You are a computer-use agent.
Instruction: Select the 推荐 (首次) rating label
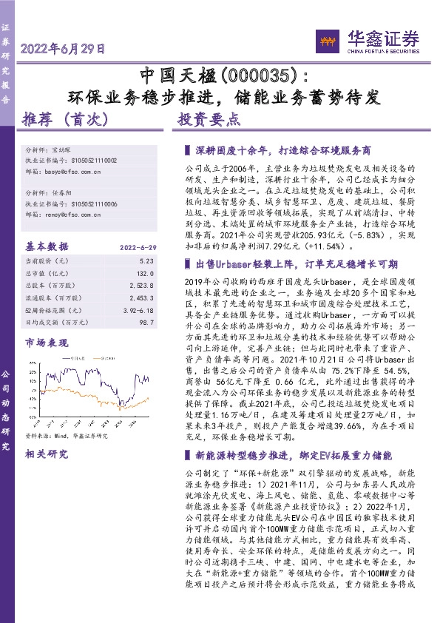[x=67, y=119]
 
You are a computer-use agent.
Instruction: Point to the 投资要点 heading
[x=209, y=119]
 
